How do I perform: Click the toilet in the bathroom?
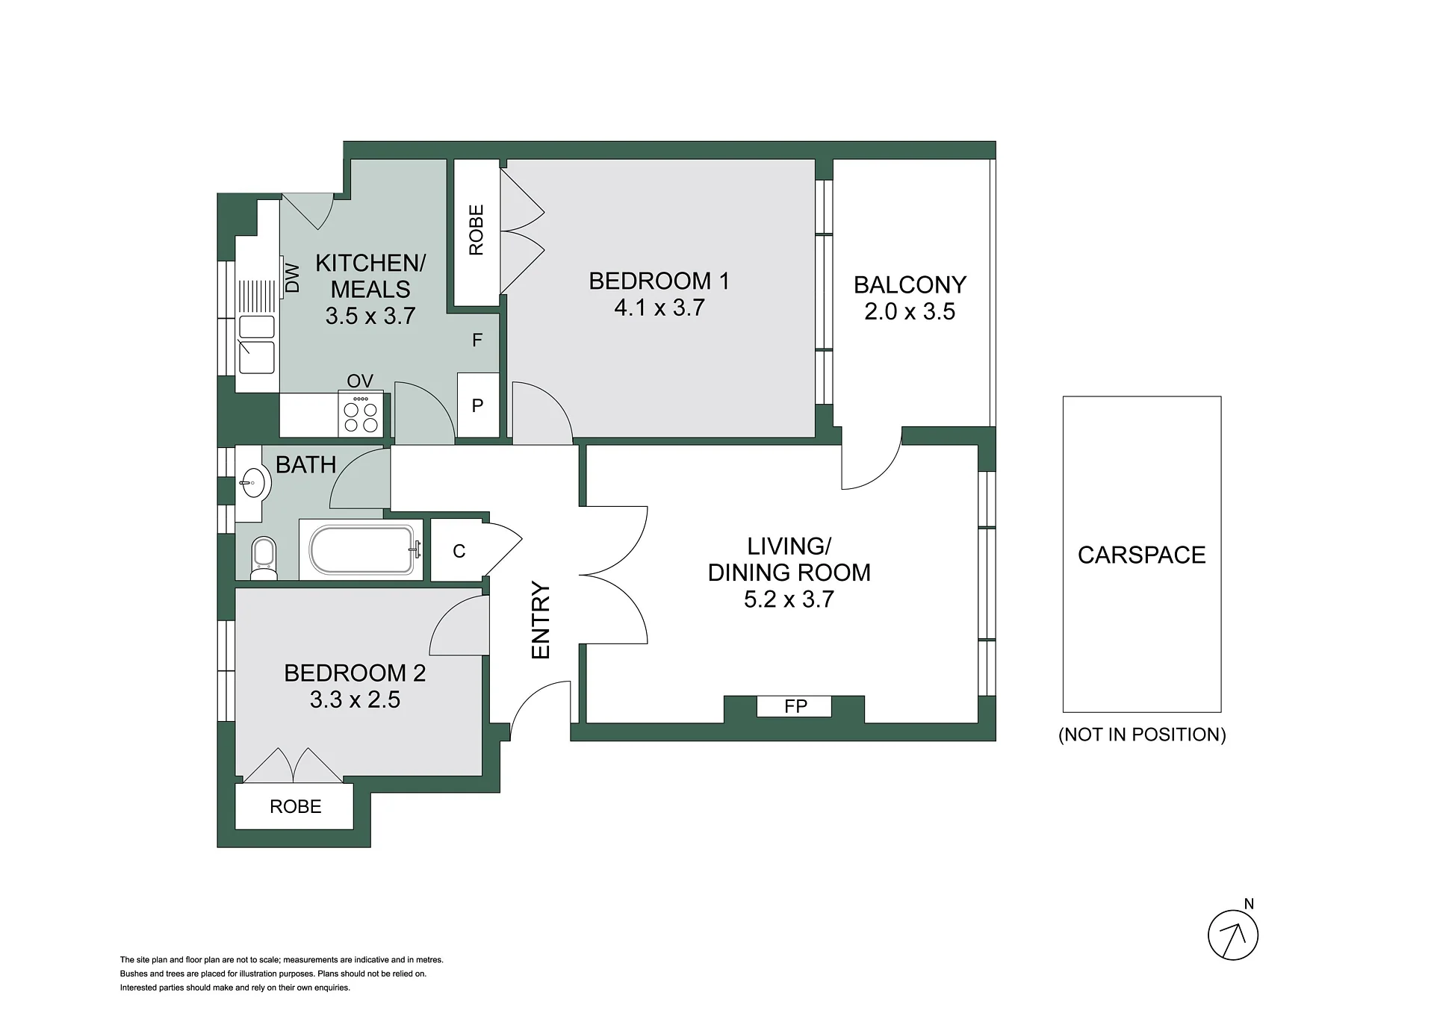264,558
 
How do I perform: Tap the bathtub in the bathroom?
362,550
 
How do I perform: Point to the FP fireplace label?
795,706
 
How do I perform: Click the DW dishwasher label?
293,278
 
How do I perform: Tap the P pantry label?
477,405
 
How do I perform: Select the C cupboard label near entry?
459,551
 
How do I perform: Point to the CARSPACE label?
1141,555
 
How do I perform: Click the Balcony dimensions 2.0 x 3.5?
910,311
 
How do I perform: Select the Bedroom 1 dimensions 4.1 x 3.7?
659,308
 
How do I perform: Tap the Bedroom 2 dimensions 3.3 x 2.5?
355,699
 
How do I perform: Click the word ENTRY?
540,620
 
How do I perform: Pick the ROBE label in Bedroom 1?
476,230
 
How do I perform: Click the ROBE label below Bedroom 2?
296,806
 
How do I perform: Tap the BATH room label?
305,464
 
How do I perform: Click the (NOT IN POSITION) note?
1142,735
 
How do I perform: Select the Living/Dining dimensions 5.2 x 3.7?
789,599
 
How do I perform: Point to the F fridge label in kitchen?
477,340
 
